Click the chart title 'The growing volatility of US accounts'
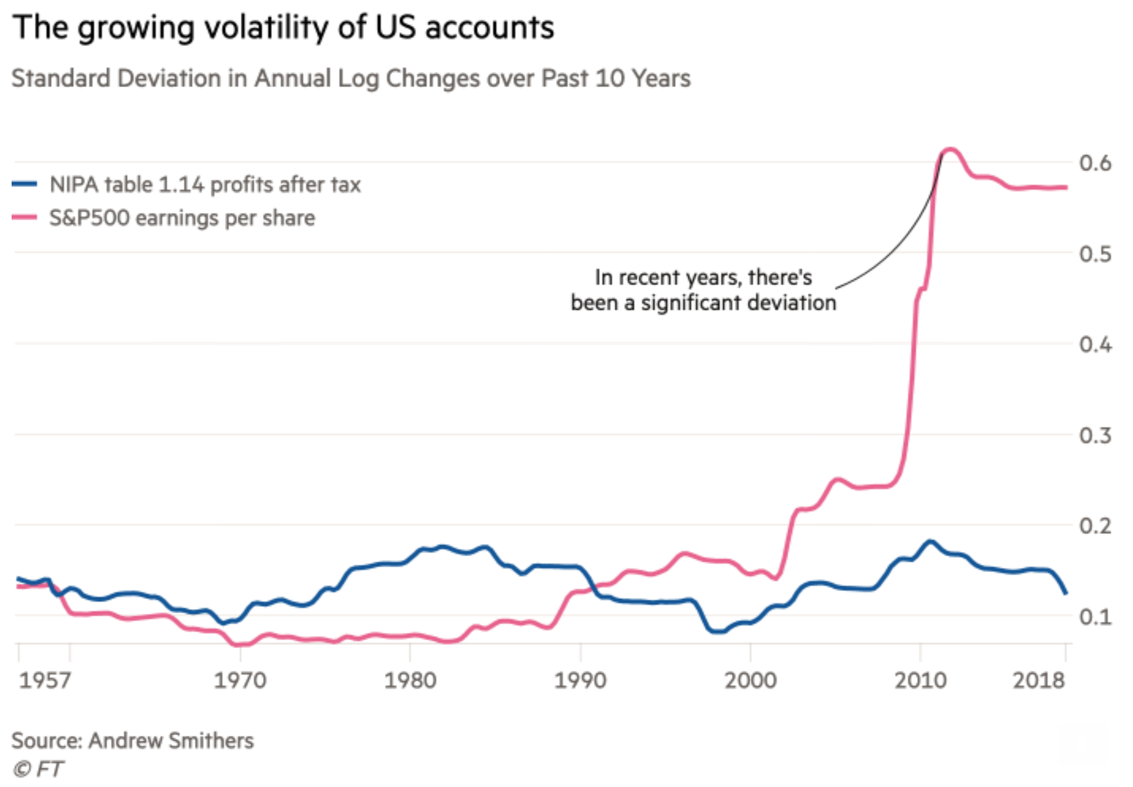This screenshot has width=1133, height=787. coord(284,27)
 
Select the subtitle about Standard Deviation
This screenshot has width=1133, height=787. coord(351,79)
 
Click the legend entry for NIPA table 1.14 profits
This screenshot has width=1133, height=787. coord(205,185)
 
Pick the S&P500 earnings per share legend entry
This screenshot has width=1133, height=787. coord(182,218)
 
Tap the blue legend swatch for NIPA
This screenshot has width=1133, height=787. coord(24,184)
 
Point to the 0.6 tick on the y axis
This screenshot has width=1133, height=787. coord(1095,163)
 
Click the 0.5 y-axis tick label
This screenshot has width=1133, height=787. coord(1095,254)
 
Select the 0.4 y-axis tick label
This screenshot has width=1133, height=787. coord(1095,345)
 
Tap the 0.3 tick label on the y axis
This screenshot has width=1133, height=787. coord(1095,436)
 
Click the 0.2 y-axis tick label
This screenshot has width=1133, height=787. coord(1095,526)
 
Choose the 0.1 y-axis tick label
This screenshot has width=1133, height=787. coord(1095,617)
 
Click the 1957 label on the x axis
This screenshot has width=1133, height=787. coord(45,680)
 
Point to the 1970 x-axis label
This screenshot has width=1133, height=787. coord(240,680)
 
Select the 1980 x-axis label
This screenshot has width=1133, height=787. coord(410,680)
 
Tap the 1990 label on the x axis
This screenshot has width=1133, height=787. coord(580,680)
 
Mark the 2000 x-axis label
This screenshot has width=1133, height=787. coord(750,680)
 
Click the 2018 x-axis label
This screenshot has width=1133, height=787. coord(1038,680)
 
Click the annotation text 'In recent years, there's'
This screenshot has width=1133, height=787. coord(703,278)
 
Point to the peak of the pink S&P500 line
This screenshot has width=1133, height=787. coord(950,151)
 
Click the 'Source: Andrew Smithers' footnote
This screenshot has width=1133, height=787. coord(133,741)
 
